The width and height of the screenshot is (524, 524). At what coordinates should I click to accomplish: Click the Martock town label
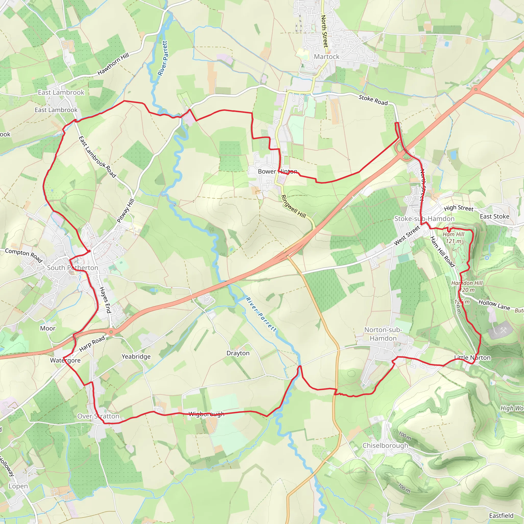pos(326,57)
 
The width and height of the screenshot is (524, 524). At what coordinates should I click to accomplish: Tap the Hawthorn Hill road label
pos(113,64)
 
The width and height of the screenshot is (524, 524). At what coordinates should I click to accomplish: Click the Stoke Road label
pos(373,100)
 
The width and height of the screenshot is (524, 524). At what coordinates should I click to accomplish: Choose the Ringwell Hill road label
pos(293,207)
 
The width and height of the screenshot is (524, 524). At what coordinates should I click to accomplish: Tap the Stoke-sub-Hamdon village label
pos(424,219)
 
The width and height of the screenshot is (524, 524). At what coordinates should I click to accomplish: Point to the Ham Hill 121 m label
pos(453,237)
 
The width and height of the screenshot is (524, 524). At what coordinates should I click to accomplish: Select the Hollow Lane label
pos(494,305)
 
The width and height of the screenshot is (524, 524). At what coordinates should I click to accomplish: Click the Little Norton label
pos(473,357)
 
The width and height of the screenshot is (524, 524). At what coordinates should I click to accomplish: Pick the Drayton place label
pos(238,353)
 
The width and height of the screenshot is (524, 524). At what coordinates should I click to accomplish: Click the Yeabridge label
pos(136,356)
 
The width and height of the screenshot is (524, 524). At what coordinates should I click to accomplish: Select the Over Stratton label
pos(98,416)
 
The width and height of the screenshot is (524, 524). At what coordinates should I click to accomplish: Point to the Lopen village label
pos(18,486)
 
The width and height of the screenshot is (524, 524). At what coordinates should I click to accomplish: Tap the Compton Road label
pos(24,255)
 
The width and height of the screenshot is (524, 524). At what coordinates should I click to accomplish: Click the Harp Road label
pos(92,344)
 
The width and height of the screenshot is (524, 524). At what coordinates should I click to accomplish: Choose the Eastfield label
pos(501,516)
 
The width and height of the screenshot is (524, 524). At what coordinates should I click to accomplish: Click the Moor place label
pos(48,329)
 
